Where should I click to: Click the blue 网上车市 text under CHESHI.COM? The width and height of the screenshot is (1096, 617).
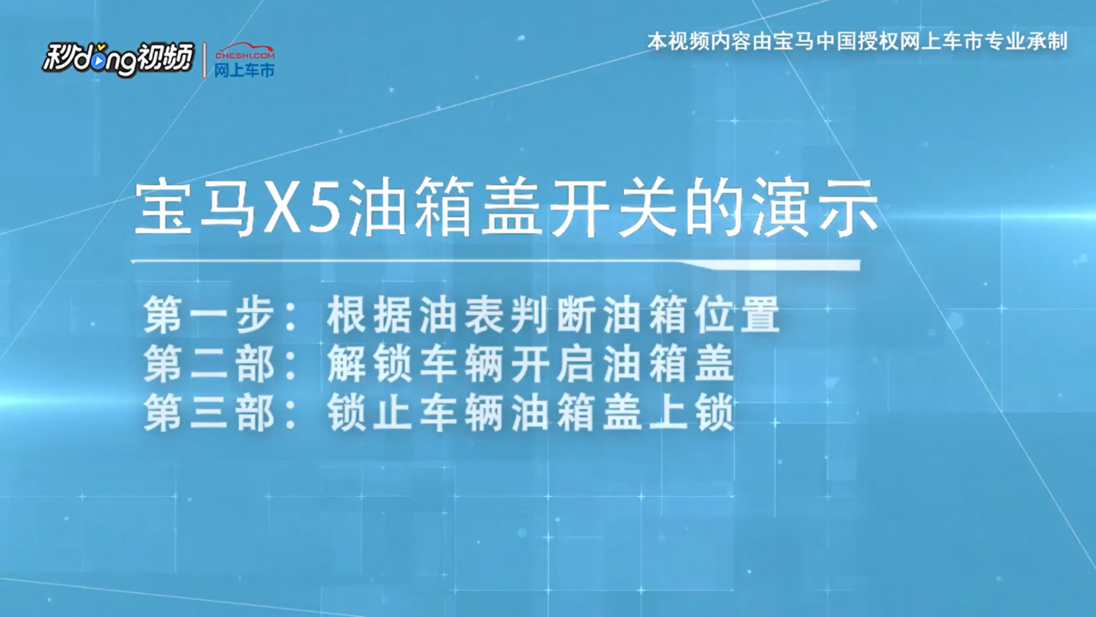tap(244, 70)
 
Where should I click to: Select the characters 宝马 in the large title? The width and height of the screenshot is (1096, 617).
tap(196, 208)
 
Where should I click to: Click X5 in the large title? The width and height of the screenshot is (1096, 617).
tap(301, 209)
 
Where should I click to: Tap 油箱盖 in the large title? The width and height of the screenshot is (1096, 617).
tap(444, 208)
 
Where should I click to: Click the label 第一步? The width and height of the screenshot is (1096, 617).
tap(208, 314)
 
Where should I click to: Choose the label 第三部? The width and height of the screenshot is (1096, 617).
tap(208, 413)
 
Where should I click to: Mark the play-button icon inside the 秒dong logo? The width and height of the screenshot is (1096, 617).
tap(98, 62)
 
